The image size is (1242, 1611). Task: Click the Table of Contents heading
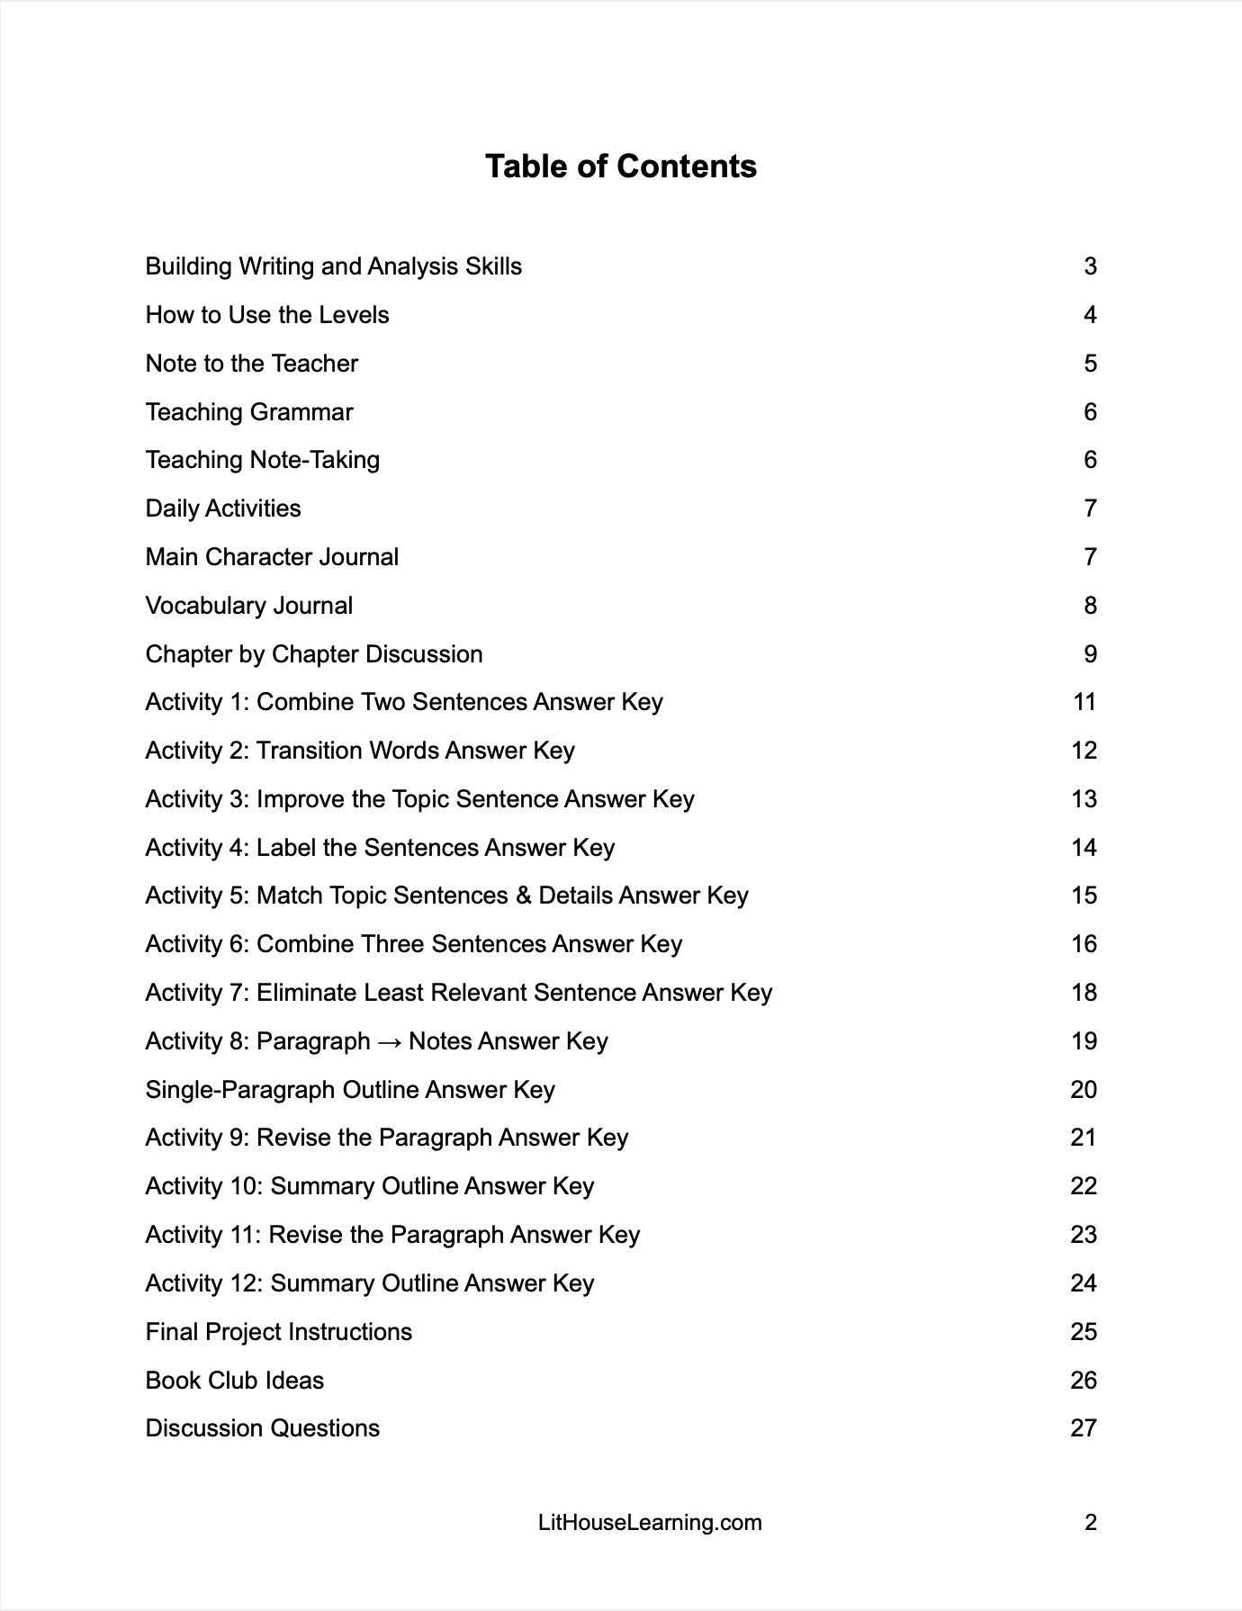click(x=621, y=166)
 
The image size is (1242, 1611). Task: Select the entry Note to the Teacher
click(x=252, y=364)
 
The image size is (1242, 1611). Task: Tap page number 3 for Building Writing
click(x=1090, y=266)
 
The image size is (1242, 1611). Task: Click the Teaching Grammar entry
click(x=249, y=412)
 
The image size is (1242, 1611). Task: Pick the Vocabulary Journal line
click(x=249, y=606)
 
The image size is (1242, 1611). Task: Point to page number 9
click(x=1090, y=654)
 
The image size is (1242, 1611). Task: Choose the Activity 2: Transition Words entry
click(x=360, y=751)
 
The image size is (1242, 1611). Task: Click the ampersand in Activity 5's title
click(x=524, y=895)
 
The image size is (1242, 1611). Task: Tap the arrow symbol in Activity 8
click(x=389, y=1041)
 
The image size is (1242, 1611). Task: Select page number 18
click(x=1084, y=993)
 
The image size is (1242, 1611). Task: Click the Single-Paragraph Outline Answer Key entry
click(x=350, y=1090)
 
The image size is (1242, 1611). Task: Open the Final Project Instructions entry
click(x=279, y=1332)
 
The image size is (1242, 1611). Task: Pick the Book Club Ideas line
click(x=235, y=1381)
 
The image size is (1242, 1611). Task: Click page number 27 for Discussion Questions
click(x=1084, y=1428)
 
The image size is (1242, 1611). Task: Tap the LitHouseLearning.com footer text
click(x=650, y=1523)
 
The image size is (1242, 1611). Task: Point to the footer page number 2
click(x=1091, y=1523)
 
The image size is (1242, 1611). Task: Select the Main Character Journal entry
click(x=272, y=557)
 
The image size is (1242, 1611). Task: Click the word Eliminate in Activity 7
click(x=307, y=993)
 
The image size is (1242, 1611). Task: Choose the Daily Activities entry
click(x=223, y=508)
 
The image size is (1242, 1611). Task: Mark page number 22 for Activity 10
click(x=1084, y=1186)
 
